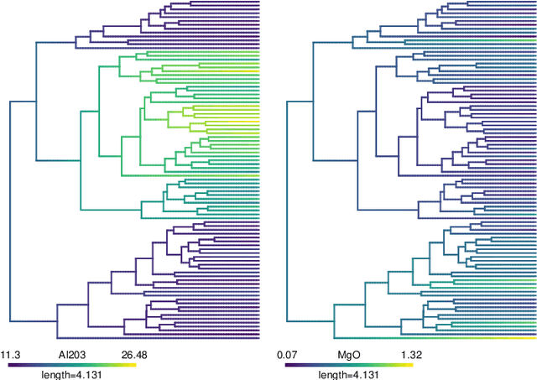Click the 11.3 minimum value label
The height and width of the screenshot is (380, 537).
point(9,355)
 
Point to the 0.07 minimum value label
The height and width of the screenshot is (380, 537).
point(287,355)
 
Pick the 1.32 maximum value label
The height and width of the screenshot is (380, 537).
point(410,355)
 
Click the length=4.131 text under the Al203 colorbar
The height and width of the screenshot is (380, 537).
point(75,374)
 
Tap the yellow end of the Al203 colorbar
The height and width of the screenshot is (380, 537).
point(133,365)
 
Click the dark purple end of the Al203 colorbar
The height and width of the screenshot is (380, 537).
point(12,365)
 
